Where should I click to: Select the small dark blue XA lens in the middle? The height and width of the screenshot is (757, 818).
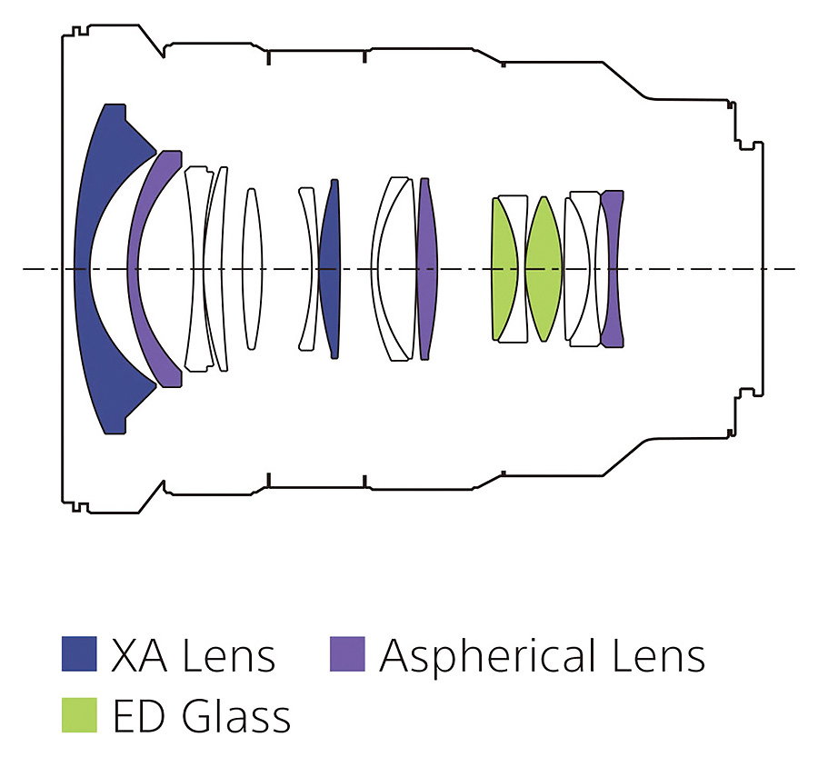pos(330,269)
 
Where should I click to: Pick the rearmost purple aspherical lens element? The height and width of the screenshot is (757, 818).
pos(612,269)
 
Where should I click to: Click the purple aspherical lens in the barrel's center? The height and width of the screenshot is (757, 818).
pos(427,269)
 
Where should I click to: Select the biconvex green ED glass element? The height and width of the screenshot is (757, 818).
pos(544,269)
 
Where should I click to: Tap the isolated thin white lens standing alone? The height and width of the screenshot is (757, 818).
pos(252,269)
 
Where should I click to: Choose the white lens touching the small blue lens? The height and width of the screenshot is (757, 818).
pos(309,269)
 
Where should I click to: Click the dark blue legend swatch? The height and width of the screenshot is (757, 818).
pos(79,653)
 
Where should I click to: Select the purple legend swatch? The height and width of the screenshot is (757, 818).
pos(347,653)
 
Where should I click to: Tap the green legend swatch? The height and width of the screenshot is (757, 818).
pos(79,714)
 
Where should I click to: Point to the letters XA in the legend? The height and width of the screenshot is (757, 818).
pos(139,655)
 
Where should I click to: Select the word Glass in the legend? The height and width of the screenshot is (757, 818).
pos(236,715)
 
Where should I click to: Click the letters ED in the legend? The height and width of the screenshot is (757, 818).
pos(142,716)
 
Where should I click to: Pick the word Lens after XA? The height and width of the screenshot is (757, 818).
pos(228,655)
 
